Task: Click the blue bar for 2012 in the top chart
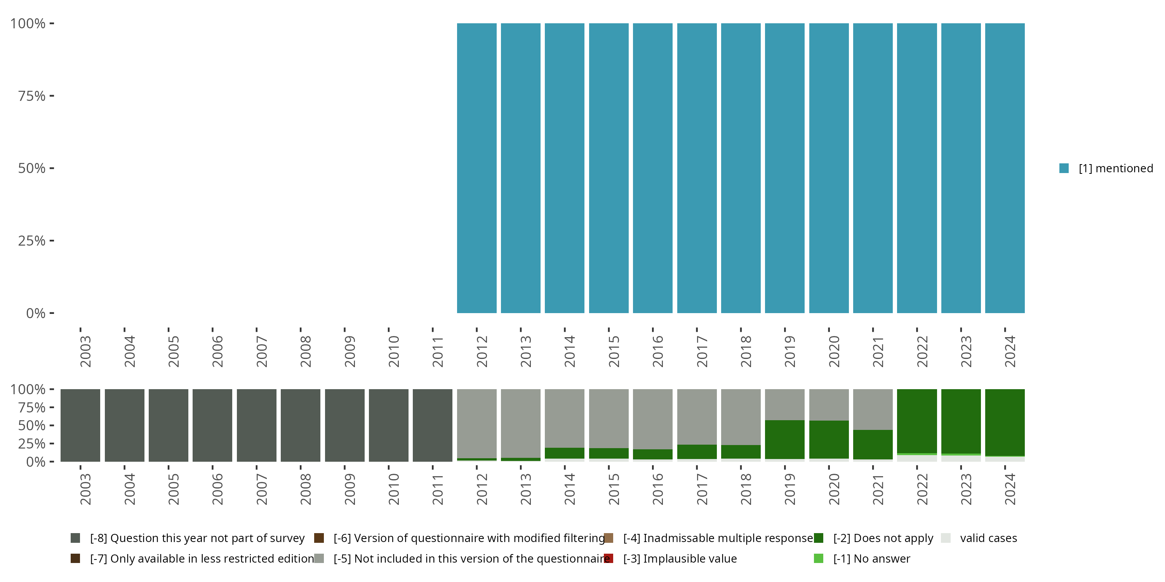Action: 476,168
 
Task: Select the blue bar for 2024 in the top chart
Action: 1005,168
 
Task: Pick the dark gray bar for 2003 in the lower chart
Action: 80,425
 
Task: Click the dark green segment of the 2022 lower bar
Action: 917,421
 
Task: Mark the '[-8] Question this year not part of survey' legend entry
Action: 197,538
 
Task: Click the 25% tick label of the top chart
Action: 32,241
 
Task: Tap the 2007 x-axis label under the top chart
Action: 261,351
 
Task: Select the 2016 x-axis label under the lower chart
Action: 657,489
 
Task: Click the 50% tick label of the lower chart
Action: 32,426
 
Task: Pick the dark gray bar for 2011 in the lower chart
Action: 432,425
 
